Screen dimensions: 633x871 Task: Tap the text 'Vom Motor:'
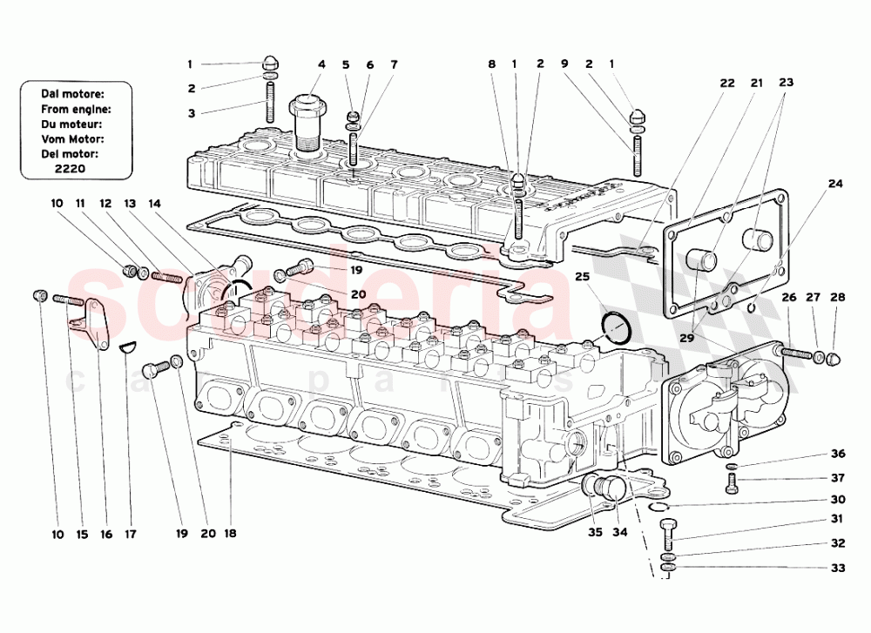72,138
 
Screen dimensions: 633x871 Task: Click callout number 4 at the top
321,64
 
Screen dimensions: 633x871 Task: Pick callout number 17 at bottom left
131,534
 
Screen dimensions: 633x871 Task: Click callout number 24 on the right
835,185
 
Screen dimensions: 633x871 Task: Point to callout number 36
837,454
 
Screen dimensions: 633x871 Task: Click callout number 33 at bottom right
837,568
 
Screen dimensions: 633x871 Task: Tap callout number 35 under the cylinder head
594,534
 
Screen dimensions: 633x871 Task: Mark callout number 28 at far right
837,298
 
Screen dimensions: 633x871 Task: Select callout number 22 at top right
727,84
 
